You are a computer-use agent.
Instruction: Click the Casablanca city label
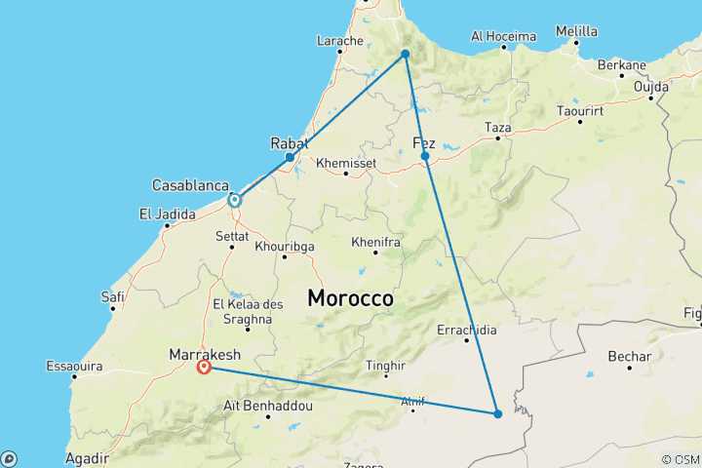190,185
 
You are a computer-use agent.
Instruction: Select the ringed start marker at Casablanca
235,200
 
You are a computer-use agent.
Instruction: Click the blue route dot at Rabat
290,157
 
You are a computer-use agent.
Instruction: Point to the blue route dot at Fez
425,156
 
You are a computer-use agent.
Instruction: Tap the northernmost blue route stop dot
406,54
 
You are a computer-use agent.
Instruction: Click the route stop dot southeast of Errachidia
497,413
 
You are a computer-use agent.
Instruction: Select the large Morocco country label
351,298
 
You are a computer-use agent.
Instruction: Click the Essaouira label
74,367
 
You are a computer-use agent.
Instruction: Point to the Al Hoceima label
503,36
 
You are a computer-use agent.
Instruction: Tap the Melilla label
576,31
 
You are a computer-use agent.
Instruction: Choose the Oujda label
651,86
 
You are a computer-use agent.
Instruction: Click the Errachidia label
466,330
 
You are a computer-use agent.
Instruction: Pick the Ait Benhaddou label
268,405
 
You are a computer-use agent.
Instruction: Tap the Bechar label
629,356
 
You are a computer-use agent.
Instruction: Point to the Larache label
340,41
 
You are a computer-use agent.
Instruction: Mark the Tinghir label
385,367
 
